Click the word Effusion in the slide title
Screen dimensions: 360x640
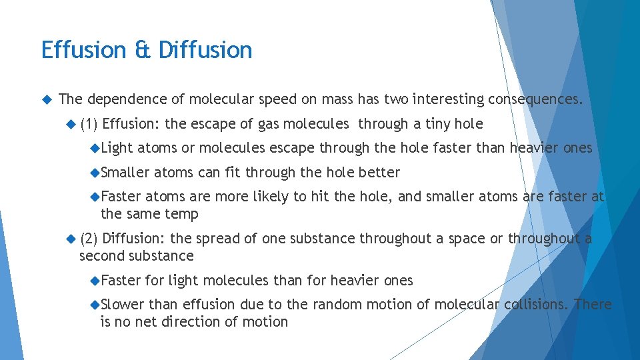click(x=83, y=50)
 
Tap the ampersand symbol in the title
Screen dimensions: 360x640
click(x=143, y=51)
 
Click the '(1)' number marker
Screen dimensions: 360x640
click(x=89, y=124)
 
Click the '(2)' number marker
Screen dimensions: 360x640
click(x=89, y=239)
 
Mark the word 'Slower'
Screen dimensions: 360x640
click(x=123, y=305)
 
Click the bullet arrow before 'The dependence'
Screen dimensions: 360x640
click(x=46, y=99)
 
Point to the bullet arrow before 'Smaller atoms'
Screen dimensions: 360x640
click(x=95, y=173)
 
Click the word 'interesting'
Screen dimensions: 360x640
click(x=449, y=99)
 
